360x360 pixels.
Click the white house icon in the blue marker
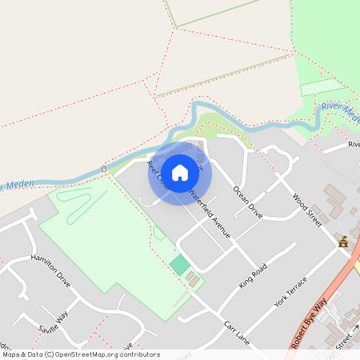(180, 172)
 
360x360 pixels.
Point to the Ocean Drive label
(247, 202)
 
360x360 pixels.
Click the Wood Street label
(306, 210)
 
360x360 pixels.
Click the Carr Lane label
(238, 330)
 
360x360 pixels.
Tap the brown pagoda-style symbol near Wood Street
(343, 242)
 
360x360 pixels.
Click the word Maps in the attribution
(11, 354)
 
